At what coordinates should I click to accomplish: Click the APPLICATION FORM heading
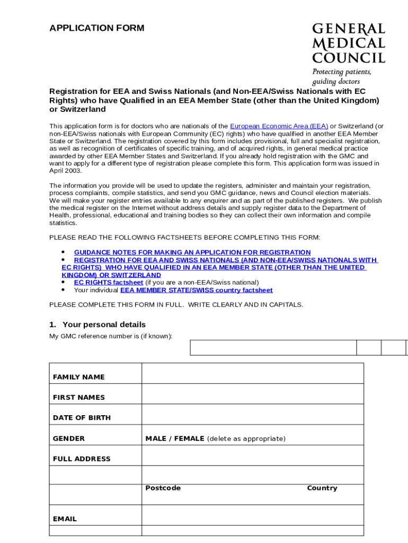[96, 28]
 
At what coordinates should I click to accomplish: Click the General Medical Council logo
[348, 43]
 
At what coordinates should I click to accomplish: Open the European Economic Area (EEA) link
[279, 126]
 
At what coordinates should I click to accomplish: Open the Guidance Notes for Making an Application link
[192, 252]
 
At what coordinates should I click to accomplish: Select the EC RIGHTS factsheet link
[108, 283]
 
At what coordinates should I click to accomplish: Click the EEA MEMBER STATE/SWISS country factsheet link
[196, 290]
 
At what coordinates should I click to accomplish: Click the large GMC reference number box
[273, 347]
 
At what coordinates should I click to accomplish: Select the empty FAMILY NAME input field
[252, 373]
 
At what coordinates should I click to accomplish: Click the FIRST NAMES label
[79, 398]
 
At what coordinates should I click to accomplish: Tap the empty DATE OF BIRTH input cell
[252, 414]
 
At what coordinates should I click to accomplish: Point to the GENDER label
[69, 439]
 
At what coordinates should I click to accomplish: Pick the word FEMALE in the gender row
[188, 439]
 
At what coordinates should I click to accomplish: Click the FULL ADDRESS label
[82, 459]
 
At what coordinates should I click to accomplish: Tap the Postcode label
[163, 488]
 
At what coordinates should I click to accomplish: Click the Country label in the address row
[322, 488]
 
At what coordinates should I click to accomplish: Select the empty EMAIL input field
[252, 515]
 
